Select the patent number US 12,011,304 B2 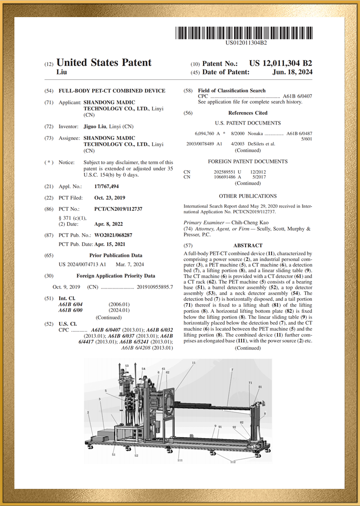[x=280, y=63]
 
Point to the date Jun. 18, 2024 [x=292, y=72]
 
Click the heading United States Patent [x=104, y=63]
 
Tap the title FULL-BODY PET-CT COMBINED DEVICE [x=112, y=91]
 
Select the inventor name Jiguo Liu [x=94, y=126]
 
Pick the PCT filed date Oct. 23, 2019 [x=110, y=198]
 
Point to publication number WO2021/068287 [x=113, y=235]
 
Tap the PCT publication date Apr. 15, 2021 [x=110, y=244]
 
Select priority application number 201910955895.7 [x=155, y=287]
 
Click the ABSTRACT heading [x=247, y=245]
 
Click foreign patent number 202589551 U [x=228, y=172]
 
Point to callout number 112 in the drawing [x=233, y=462]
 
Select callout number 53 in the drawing [x=127, y=366]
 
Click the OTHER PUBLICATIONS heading [x=247, y=196]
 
